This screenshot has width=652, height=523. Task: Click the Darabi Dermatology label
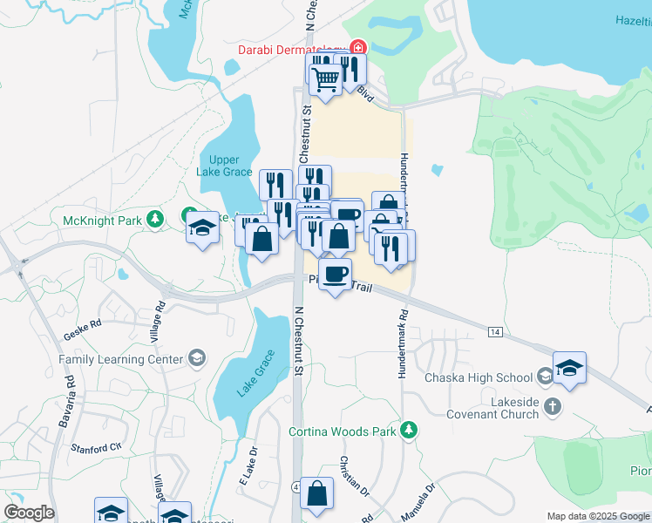pyautogui.click(x=293, y=49)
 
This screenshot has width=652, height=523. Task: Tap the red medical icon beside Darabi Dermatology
pyautogui.click(x=357, y=48)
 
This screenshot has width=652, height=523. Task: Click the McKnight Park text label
pyautogui.click(x=102, y=221)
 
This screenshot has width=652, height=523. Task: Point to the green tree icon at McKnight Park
pyautogui.click(x=155, y=218)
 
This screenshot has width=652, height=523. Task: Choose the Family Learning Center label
pyautogui.click(x=121, y=359)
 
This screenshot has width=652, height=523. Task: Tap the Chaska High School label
pyautogui.click(x=478, y=377)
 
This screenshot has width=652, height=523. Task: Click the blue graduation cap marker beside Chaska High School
pyautogui.click(x=569, y=369)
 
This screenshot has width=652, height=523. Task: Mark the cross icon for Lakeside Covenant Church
pyautogui.click(x=552, y=405)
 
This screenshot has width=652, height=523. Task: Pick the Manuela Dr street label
pyautogui.click(x=418, y=501)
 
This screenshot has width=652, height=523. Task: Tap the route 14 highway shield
pyautogui.click(x=495, y=332)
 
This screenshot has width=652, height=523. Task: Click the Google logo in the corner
pyautogui.click(x=30, y=512)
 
